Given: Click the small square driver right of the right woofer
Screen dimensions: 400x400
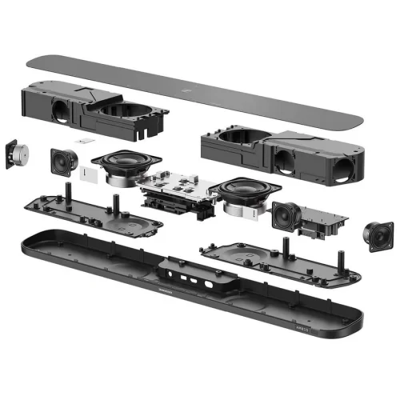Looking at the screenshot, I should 286,214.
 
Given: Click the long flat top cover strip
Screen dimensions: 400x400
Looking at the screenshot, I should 200,88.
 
